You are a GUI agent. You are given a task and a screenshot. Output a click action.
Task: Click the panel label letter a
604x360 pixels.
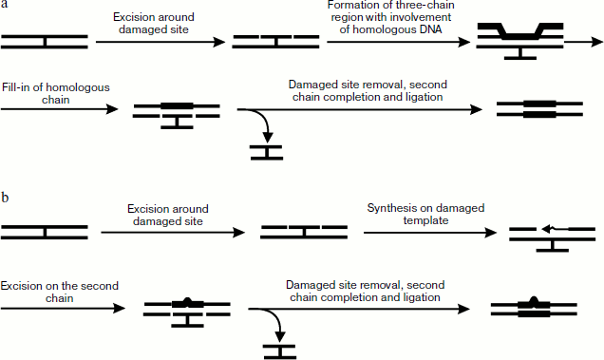coord(6,5)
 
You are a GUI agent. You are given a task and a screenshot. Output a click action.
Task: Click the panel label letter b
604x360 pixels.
coord(6,197)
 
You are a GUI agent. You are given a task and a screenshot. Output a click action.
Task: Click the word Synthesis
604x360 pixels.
coord(393,207)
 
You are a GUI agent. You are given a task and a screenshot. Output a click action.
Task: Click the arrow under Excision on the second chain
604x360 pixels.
coord(62,308)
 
